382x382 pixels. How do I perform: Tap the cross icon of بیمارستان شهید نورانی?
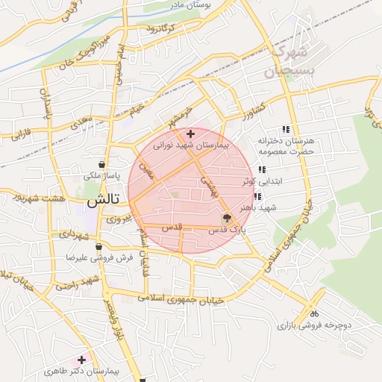click(191, 134)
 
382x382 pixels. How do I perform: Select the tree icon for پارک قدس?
click(226, 219)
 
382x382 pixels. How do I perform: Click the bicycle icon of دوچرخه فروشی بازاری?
click(314, 313)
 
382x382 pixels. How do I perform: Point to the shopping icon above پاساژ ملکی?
click(101, 165)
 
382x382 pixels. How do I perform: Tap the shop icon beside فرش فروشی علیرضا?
click(98, 246)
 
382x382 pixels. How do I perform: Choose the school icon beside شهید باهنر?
click(257, 197)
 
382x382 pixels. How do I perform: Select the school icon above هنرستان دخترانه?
click(286, 129)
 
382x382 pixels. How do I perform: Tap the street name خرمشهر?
click(181, 116)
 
